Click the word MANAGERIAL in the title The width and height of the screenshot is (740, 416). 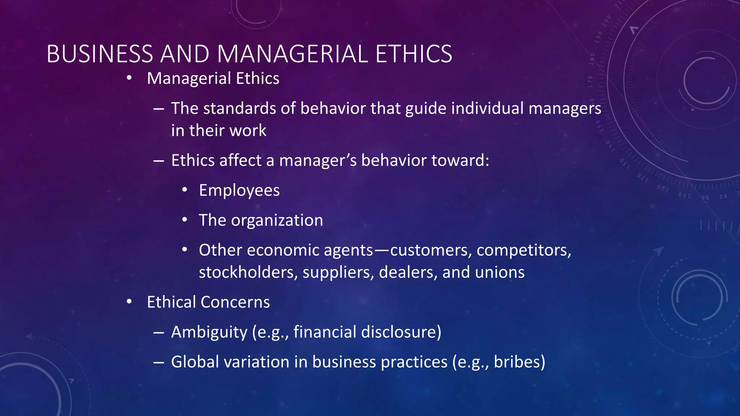click(292, 54)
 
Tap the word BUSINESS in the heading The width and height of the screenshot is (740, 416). click(100, 54)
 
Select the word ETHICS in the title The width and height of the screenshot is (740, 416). click(413, 54)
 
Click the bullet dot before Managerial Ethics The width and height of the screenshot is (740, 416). click(129, 78)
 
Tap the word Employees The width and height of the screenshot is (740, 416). click(239, 190)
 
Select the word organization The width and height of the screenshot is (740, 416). click(277, 220)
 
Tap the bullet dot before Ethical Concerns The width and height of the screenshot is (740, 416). click(129, 302)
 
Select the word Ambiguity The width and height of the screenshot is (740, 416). click(209, 332)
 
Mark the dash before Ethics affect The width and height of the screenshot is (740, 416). click(159, 161)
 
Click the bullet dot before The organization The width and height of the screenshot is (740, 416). click(185, 220)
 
